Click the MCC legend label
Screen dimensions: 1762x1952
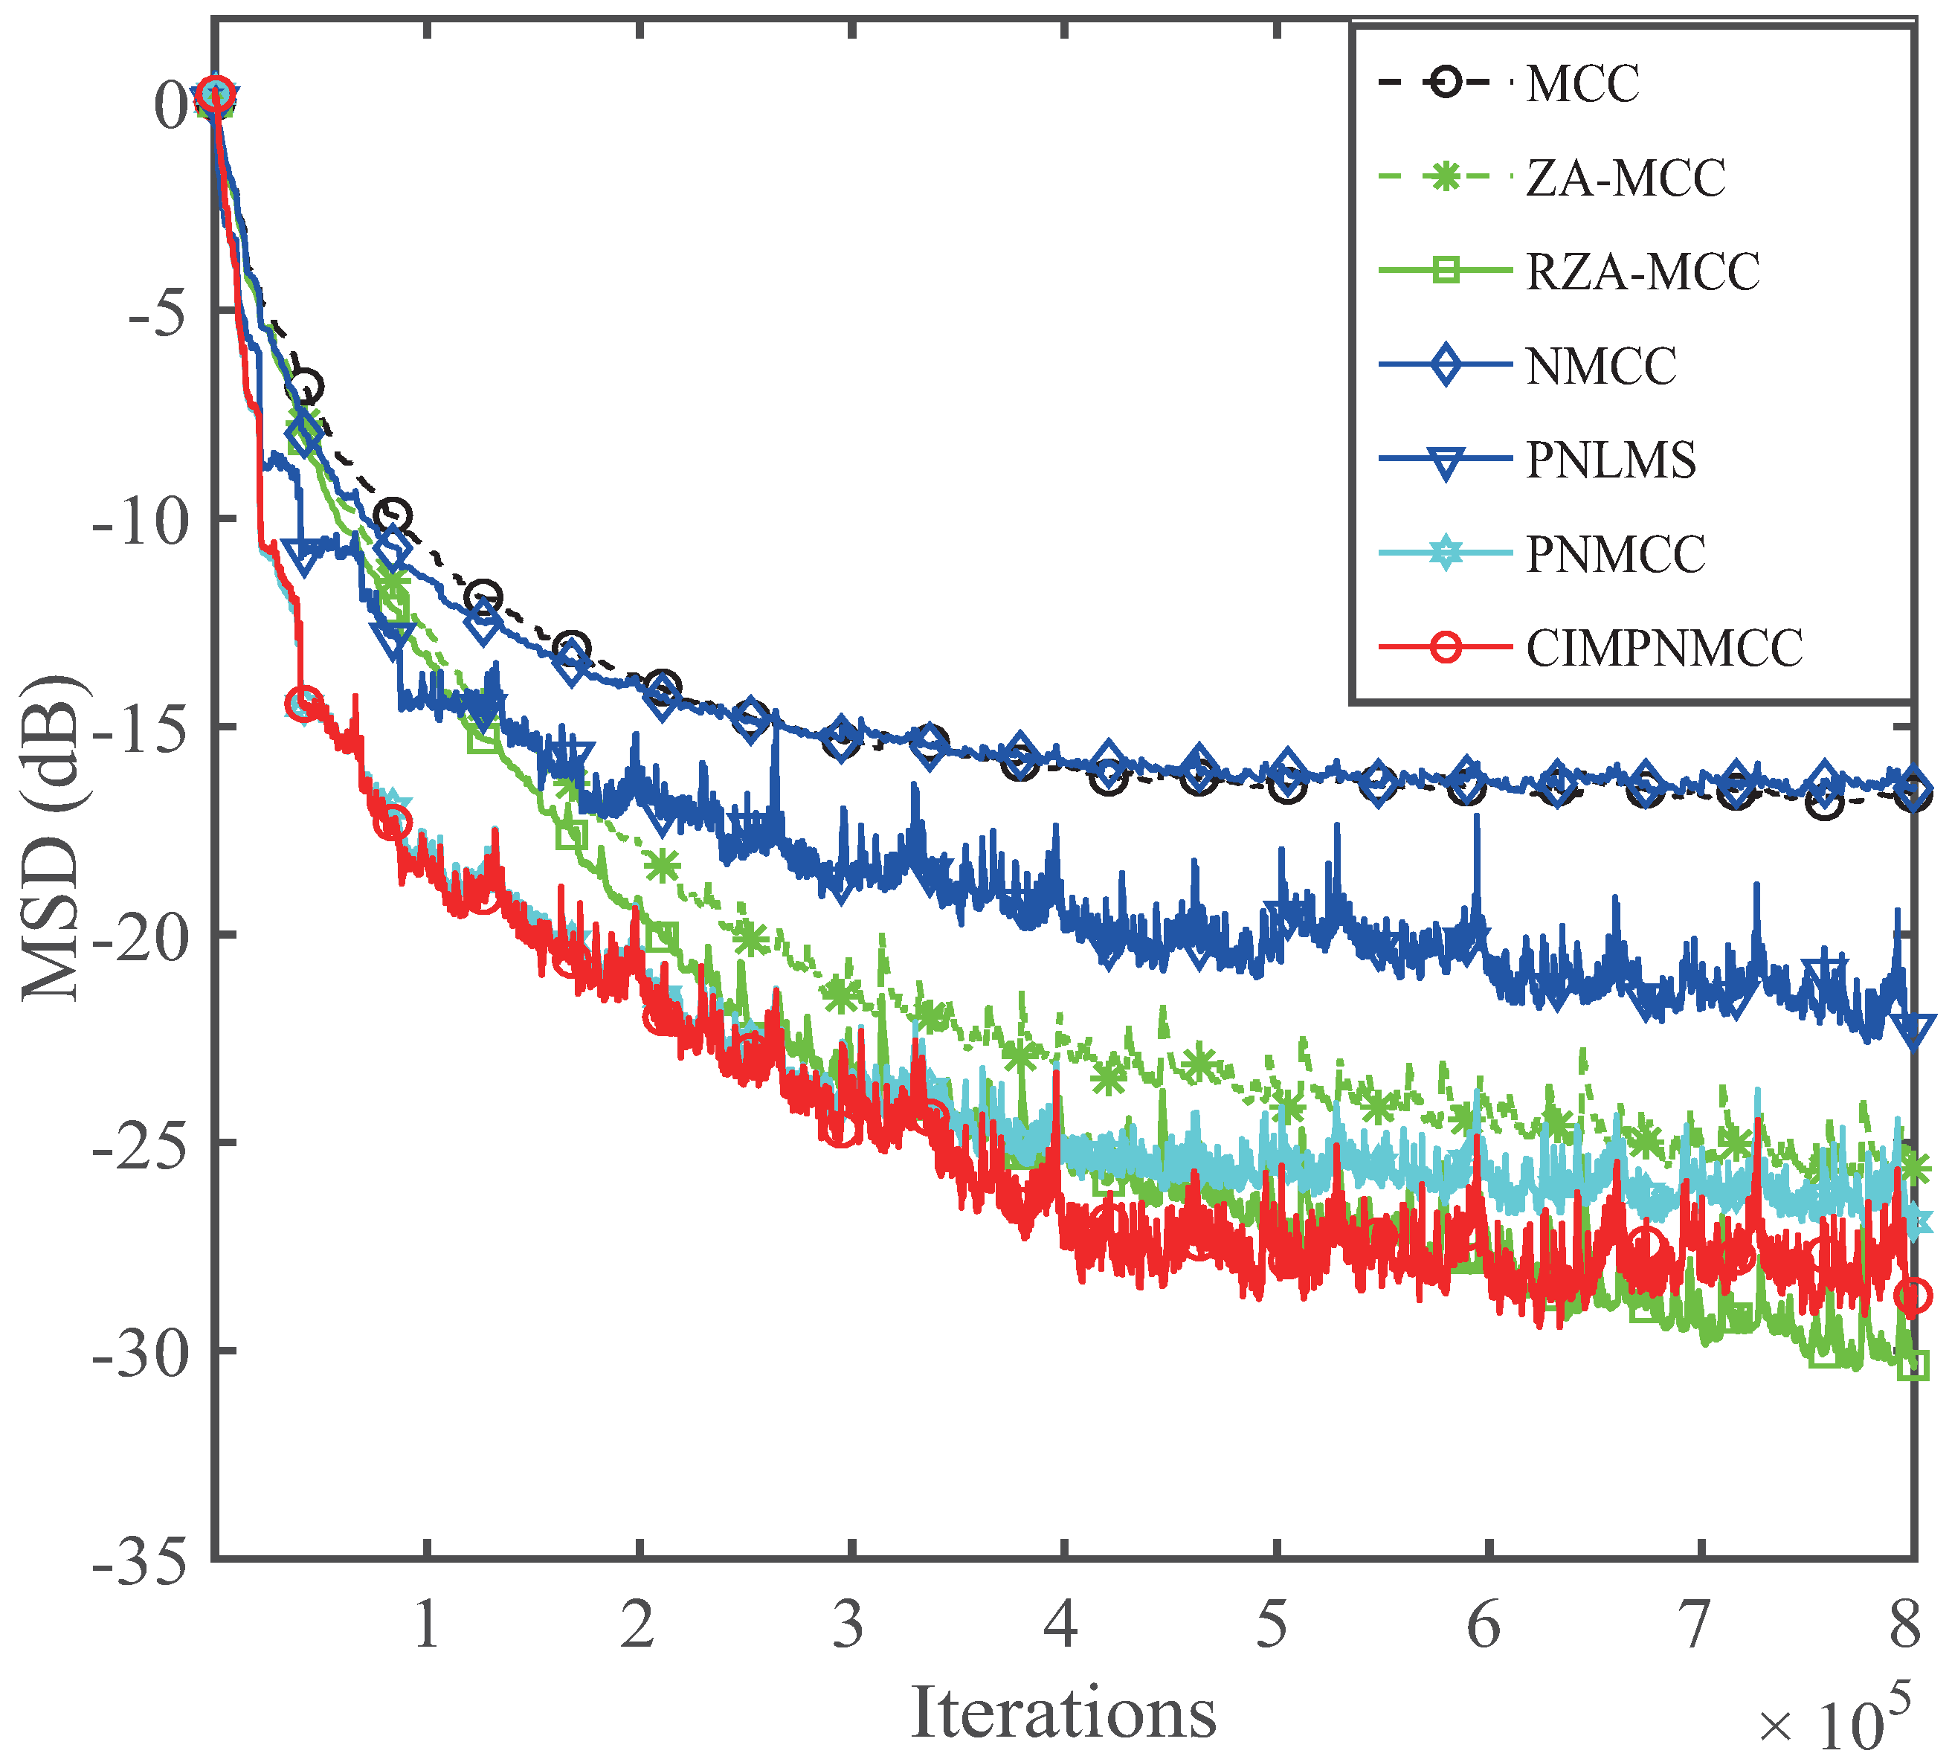point(1582,84)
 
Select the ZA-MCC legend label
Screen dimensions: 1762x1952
point(1626,179)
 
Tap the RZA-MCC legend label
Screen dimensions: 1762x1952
point(1643,272)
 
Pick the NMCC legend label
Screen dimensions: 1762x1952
point(1601,367)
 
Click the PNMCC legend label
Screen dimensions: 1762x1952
point(1615,555)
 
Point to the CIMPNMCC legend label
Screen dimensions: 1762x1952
point(1664,649)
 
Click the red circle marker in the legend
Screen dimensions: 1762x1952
point(1445,648)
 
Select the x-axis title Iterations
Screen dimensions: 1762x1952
point(1063,1711)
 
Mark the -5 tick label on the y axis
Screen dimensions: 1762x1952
point(155,312)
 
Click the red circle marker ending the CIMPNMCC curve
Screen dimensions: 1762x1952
point(1913,1296)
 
